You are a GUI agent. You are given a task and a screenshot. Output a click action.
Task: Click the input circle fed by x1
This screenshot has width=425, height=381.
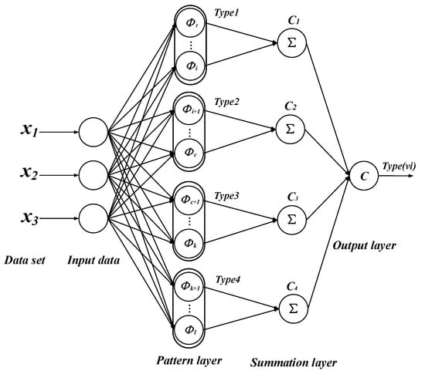[92, 131]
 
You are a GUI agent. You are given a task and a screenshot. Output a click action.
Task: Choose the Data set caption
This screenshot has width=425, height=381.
[25, 261]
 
